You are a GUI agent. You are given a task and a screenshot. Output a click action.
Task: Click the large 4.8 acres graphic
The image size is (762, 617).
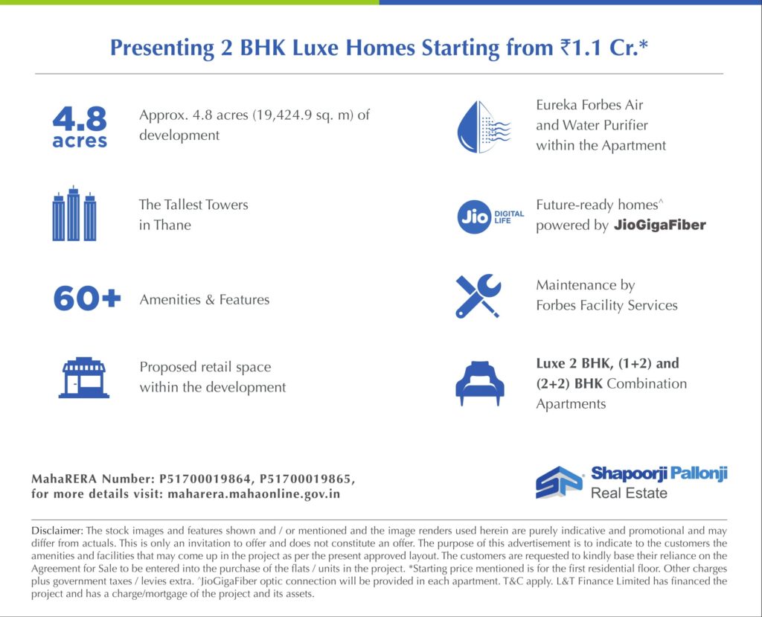pos(80,127)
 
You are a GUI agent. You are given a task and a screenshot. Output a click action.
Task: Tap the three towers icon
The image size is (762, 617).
pos(74,214)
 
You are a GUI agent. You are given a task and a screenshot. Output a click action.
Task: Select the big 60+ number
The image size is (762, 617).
pos(87,298)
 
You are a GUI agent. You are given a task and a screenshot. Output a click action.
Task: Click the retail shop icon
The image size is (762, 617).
pos(83,378)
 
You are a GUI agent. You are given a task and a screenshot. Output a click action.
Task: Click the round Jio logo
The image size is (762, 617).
pos(474,217)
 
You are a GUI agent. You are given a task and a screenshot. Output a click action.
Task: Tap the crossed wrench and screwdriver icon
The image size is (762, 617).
pos(478,296)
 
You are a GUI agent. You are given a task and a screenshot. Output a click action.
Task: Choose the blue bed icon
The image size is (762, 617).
pos(480,383)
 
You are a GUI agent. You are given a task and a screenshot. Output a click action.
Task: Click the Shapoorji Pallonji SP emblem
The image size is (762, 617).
pos(559,482)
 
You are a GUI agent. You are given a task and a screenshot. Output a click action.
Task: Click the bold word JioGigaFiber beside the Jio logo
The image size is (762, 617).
pos(659,225)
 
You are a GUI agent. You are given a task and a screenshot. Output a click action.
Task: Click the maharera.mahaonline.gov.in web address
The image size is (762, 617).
pos(254,494)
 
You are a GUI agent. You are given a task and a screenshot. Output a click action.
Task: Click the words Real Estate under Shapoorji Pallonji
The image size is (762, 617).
pos(629,493)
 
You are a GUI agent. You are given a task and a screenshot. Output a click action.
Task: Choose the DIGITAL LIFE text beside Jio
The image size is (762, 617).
pos(509,217)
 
